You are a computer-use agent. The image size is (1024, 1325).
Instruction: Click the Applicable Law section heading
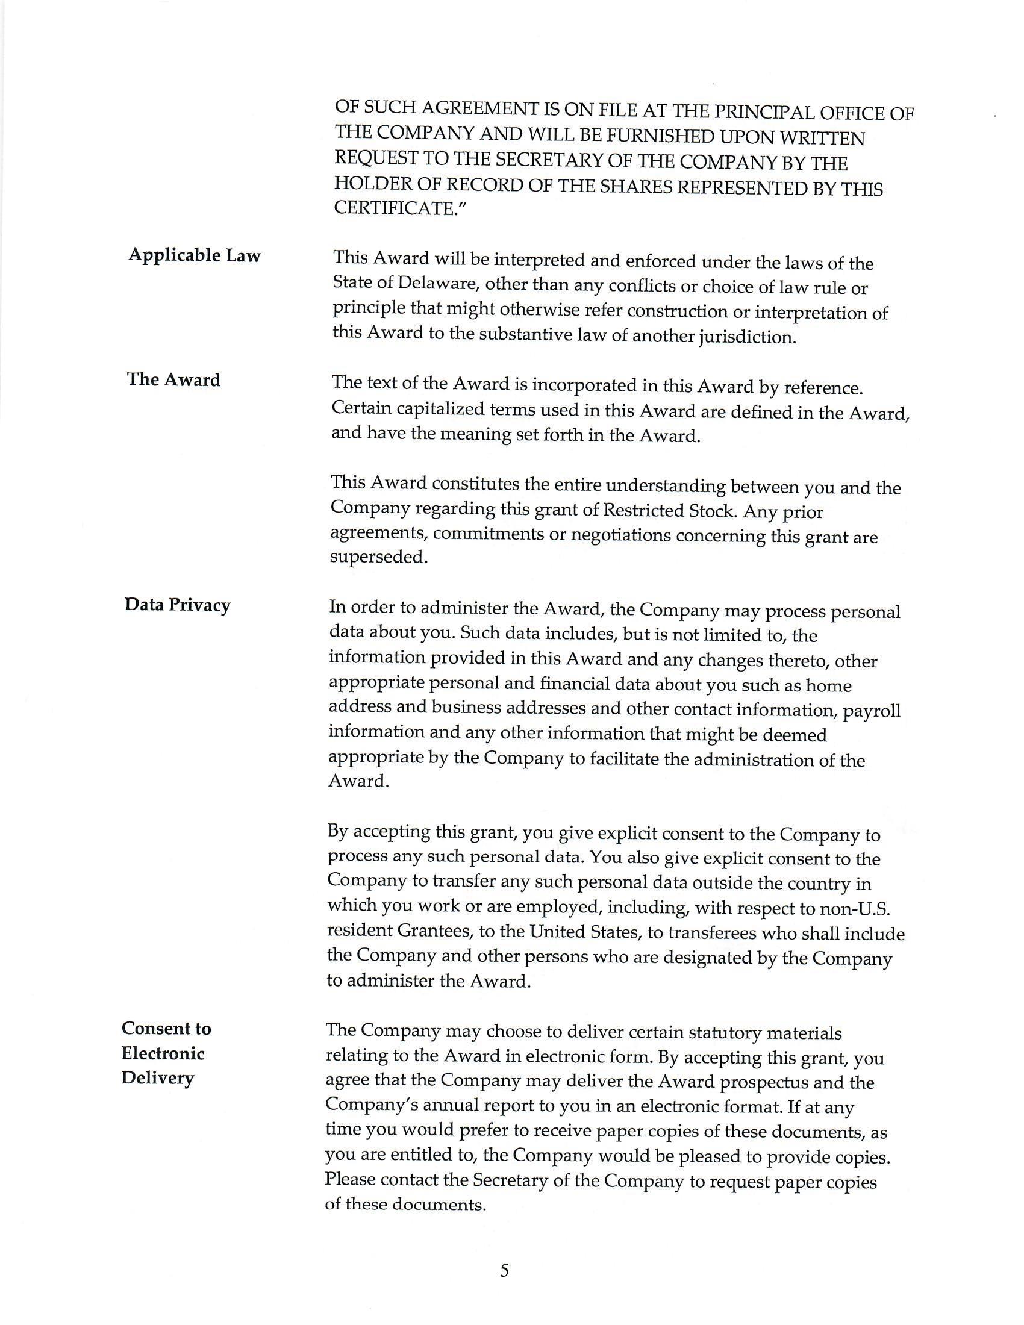[x=194, y=255]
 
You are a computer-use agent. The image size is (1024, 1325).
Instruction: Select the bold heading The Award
[x=173, y=380]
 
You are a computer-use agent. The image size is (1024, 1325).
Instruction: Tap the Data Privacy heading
[x=177, y=605]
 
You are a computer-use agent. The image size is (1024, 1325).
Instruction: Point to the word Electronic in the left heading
[x=163, y=1053]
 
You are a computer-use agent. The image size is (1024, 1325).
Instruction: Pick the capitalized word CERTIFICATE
[x=395, y=208]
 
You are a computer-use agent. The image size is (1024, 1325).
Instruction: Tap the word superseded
[x=378, y=557]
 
